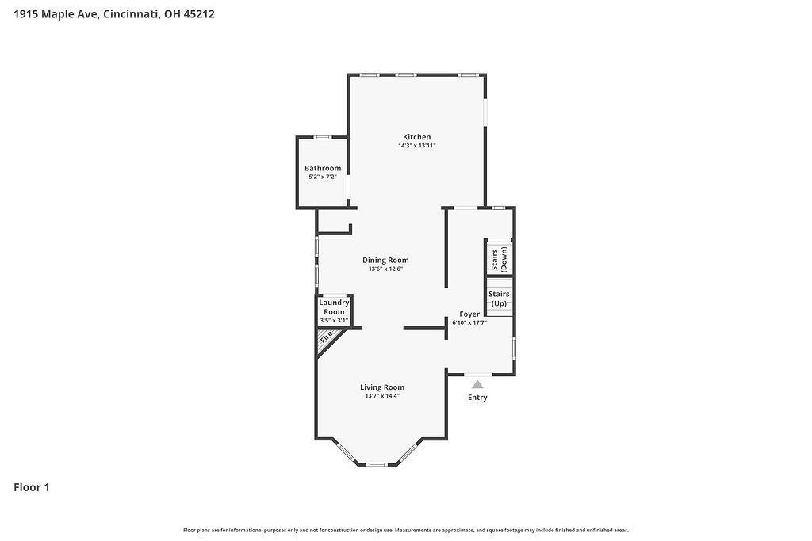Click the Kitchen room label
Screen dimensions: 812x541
point(417,137)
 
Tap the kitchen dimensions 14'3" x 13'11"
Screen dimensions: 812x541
point(417,146)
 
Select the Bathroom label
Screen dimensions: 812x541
point(323,168)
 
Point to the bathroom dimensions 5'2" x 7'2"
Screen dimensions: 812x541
point(323,177)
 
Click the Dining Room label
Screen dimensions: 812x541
point(385,260)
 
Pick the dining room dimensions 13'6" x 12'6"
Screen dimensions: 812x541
point(385,269)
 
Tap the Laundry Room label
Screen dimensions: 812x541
point(334,307)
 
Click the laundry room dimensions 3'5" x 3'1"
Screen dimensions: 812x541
point(334,321)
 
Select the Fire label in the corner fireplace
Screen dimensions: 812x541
point(326,337)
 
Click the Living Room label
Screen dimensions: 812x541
point(382,387)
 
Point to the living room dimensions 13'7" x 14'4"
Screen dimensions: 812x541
point(382,396)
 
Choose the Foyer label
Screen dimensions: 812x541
point(469,314)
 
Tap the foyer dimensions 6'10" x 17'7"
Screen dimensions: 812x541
point(469,322)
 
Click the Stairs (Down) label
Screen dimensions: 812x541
point(500,258)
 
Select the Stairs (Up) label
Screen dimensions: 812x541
point(499,299)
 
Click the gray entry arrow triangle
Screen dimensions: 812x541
point(477,384)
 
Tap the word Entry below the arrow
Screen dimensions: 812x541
point(477,398)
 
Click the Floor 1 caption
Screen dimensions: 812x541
point(32,487)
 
